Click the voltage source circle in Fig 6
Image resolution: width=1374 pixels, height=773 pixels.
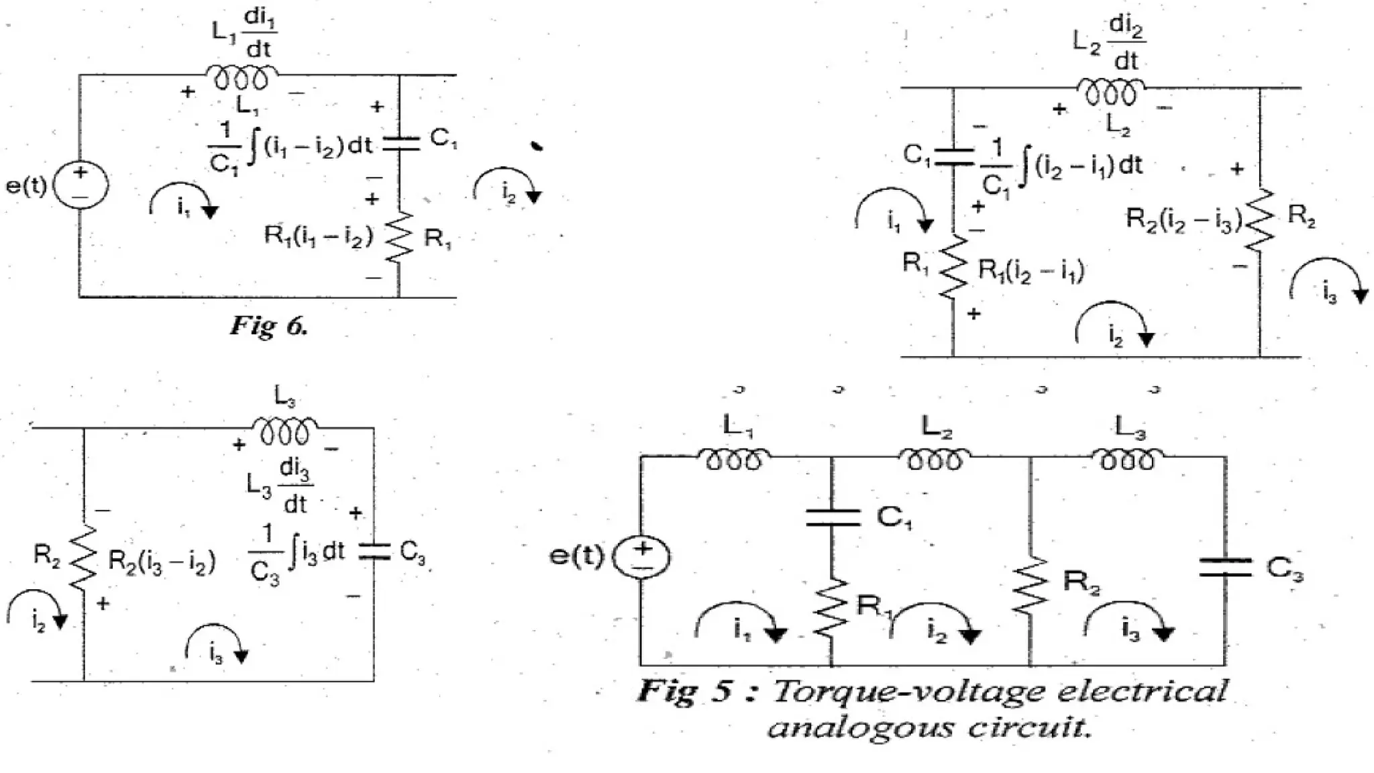(81, 186)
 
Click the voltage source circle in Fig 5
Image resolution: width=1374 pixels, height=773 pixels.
(642, 557)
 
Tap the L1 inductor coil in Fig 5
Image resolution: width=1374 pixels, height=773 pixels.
(734, 459)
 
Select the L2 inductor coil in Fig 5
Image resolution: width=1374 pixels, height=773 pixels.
(934, 459)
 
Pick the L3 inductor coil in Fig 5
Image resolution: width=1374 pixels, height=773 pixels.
(1127, 459)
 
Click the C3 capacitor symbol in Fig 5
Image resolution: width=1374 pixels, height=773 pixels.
(1225, 568)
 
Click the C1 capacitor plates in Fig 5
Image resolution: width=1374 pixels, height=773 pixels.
(832, 517)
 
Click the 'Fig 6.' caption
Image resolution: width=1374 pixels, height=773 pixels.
(269, 326)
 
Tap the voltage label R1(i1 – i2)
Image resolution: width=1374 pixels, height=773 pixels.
(318, 236)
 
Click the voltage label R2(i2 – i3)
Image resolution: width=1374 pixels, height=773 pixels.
(1183, 220)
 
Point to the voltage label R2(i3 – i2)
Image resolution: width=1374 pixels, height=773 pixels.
(162, 562)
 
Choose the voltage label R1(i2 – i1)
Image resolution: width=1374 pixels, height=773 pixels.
(1031, 270)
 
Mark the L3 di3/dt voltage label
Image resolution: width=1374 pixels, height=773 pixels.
(278, 484)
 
